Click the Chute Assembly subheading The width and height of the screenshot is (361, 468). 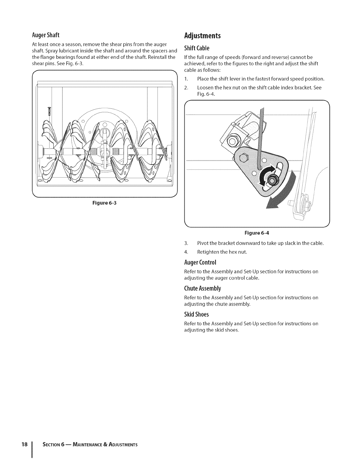pyautogui.click(x=202, y=288)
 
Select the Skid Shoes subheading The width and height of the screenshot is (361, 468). pyautogui.click(x=196, y=314)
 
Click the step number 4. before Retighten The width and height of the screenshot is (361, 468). pyautogui.click(x=186, y=252)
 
